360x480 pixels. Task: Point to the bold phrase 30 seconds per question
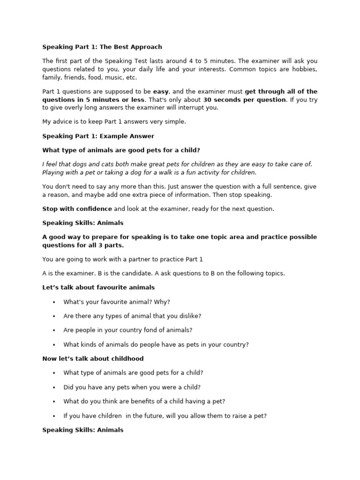244,99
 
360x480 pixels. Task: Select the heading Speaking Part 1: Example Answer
98,136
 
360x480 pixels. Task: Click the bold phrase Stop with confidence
77,209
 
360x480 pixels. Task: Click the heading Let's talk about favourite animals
98,287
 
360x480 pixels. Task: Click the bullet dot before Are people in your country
54,330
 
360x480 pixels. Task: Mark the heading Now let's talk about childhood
93,359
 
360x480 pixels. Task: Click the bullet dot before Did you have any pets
54,387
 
